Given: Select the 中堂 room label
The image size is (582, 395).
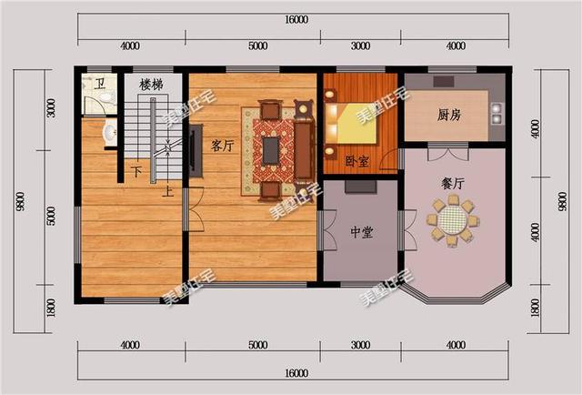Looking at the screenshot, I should (x=361, y=233).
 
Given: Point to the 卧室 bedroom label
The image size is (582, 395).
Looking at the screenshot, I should (x=357, y=161).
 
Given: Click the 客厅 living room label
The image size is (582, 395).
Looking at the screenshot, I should (x=223, y=146).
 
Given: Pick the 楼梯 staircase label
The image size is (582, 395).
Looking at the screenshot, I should (x=151, y=85).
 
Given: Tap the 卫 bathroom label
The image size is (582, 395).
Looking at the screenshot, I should (x=101, y=84).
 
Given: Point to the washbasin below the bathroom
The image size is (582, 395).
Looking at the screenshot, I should (x=108, y=135).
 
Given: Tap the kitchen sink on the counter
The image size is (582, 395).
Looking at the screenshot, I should (x=497, y=113).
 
